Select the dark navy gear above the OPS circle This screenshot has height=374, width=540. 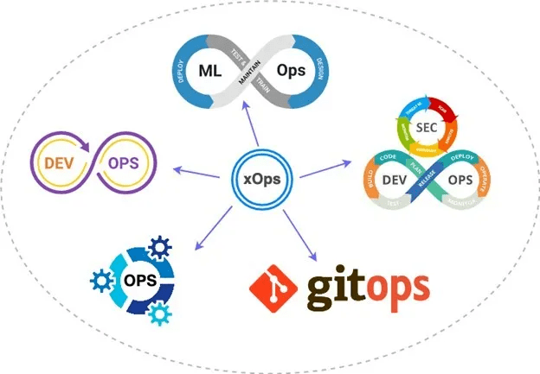tap(160, 249)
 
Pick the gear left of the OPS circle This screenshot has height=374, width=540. tap(101, 279)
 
